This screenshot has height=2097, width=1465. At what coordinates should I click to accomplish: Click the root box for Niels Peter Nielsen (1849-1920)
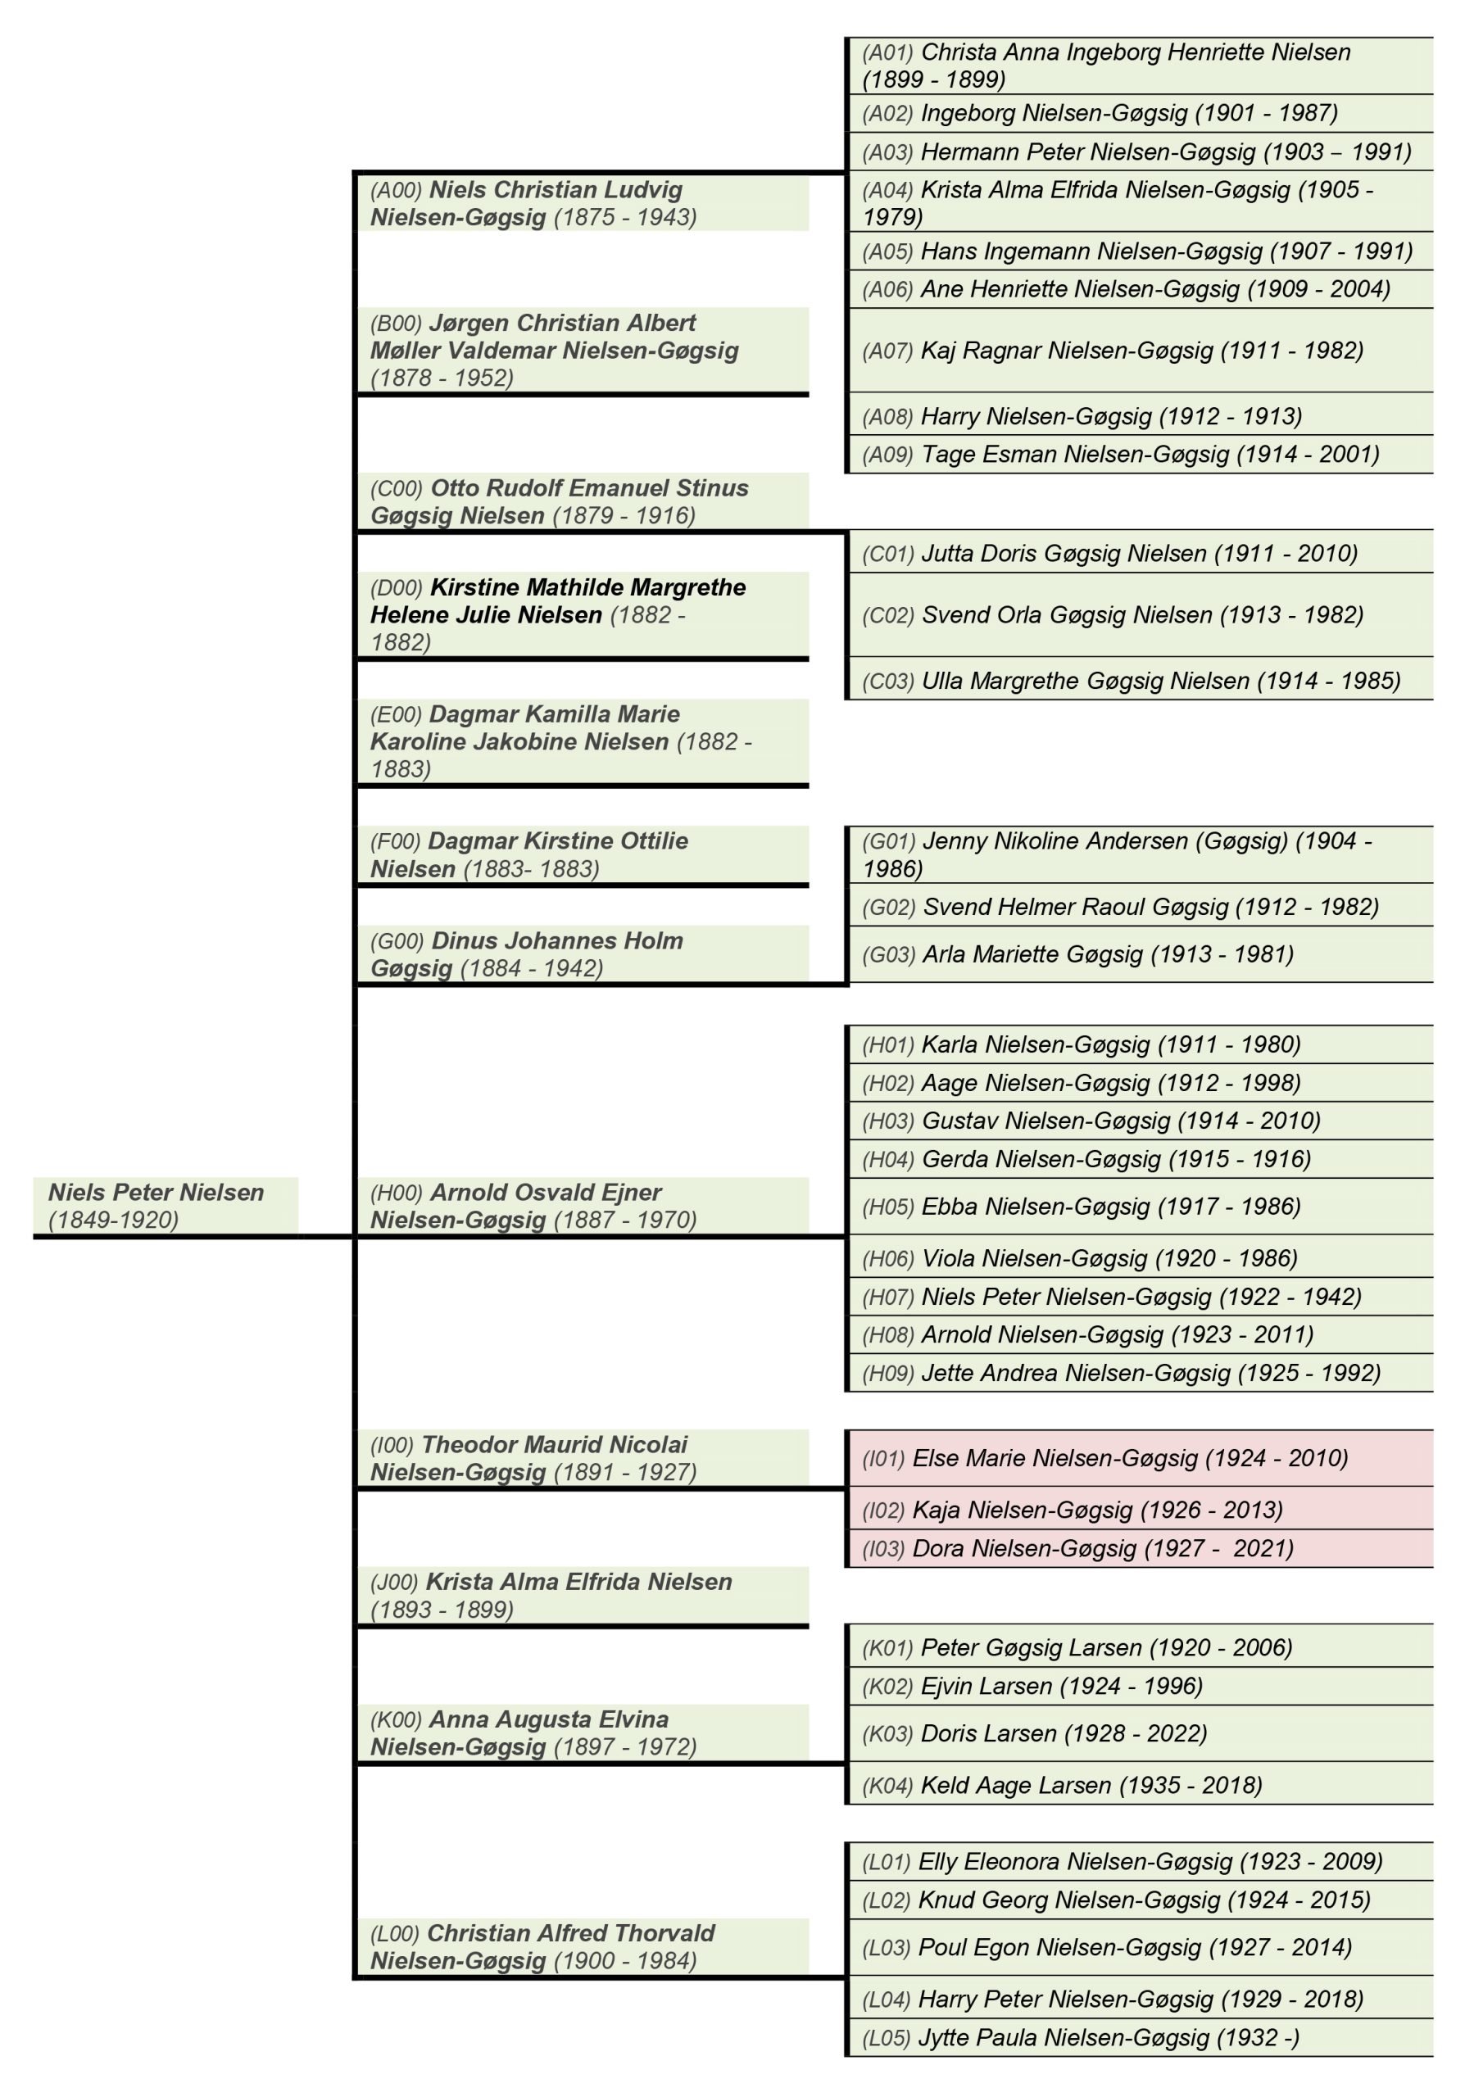pyautogui.click(x=165, y=1205)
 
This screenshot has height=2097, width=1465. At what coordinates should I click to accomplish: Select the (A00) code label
pyautogui.click(x=396, y=191)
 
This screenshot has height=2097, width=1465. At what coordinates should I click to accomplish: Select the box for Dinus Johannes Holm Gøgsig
pyautogui.click(x=582, y=953)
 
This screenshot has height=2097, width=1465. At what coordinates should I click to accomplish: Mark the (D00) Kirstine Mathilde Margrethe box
pyautogui.click(x=582, y=614)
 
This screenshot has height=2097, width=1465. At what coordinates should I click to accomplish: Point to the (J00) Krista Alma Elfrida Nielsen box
pyautogui.click(x=582, y=1595)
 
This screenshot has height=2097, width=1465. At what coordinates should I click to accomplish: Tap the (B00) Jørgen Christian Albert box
pyautogui.click(x=582, y=350)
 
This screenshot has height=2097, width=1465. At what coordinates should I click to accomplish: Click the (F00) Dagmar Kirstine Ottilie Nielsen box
pyautogui.click(x=582, y=854)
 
